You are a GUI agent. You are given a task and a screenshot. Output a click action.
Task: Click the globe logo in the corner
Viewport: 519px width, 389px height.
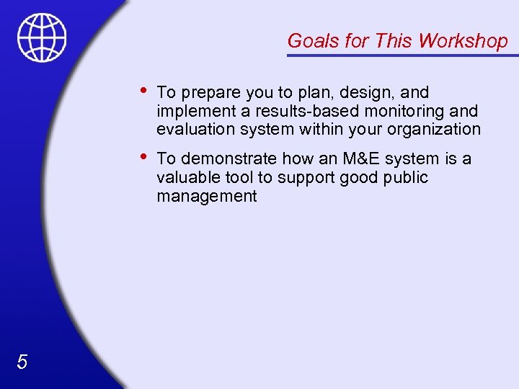[x=43, y=37]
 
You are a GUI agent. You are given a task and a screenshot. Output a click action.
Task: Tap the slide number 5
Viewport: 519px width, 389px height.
[x=22, y=362]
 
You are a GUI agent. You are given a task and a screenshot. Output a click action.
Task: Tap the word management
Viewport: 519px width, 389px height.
[x=206, y=196]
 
